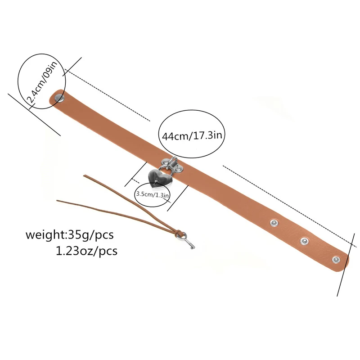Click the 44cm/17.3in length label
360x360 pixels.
[x=192, y=136]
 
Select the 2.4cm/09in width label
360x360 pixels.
[x=42, y=81]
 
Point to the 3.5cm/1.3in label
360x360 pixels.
[x=153, y=194]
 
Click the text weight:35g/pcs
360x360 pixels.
[x=70, y=235]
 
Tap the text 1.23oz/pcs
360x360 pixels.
[x=86, y=251]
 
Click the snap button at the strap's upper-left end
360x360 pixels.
[x=59, y=98]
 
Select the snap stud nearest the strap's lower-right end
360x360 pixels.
[x=336, y=260]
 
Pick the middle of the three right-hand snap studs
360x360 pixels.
[x=305, y=241]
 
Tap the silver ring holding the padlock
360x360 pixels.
[x=165, y=169]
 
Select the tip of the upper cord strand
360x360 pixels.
[x=84, y=176]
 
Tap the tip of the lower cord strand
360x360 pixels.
[x=58, y=201]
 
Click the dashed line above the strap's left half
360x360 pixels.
[x=107, y=95]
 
